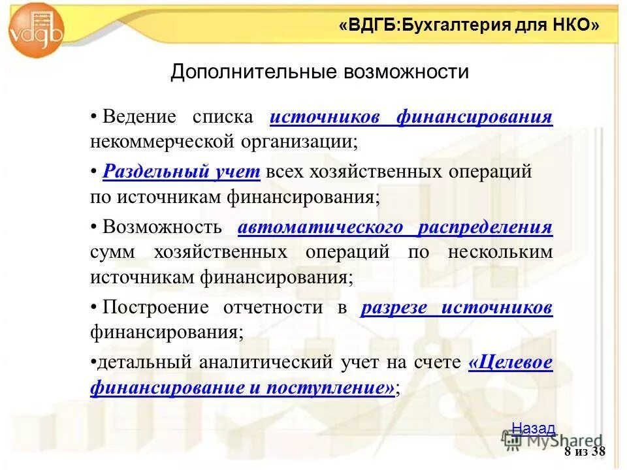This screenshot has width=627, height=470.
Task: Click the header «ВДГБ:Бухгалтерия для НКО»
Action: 469,25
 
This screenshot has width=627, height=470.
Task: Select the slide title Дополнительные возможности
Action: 319,71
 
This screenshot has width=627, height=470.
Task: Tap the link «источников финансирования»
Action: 411,117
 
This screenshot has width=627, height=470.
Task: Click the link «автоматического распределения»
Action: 395,228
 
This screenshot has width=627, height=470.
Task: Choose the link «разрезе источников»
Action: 457,308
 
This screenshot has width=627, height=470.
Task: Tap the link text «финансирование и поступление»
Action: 242,388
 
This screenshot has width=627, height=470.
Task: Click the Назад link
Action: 533,428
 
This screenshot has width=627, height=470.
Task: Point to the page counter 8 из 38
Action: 585,452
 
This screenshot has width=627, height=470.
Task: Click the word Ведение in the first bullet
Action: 139,117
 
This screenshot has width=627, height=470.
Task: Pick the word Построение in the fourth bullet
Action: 155,308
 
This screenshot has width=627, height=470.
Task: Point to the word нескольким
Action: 500,252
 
